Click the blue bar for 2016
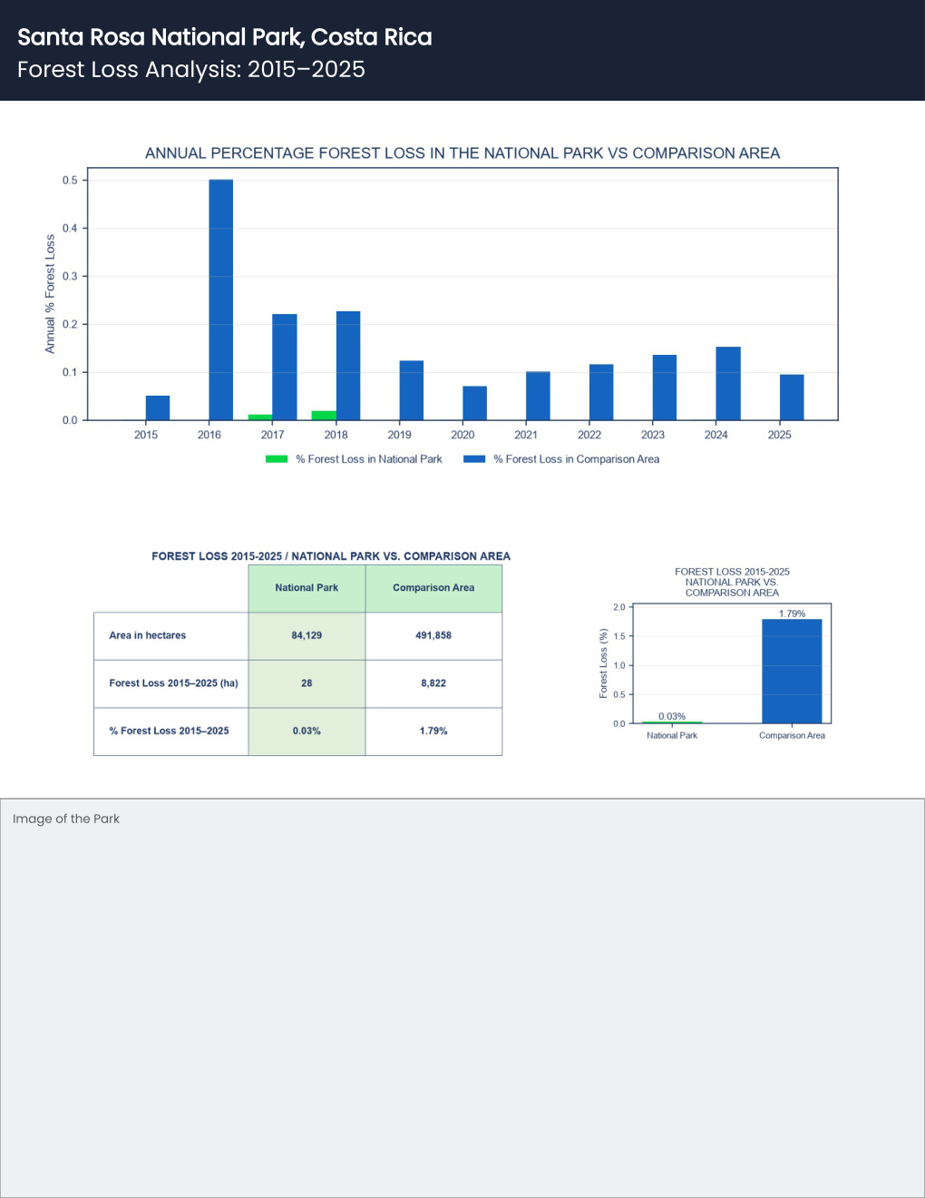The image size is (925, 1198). click(x=221, y=299)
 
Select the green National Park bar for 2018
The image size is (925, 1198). click(x=324, y=416)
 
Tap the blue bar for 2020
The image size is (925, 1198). click(x=475, y=403)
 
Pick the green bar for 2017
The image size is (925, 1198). click(x=260, y=417)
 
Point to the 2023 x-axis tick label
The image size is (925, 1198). click(x=653, y=435)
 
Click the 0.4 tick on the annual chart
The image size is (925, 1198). click(x=70, y=228)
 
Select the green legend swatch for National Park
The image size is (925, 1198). click(x=277, y=459)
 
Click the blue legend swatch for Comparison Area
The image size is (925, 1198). click(x=474, y=459)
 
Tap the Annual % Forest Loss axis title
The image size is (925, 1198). click(x=50, y=294)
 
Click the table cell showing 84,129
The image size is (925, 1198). click(x=307, y=635)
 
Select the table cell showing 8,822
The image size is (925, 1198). click(x=433, y=683)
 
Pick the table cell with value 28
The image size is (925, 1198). click(x=307, y=683)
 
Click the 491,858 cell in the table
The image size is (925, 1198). click(x=433, y=635)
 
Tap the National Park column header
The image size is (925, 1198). click(x=307, y=588)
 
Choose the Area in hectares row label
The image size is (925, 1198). click(x=148, y=635)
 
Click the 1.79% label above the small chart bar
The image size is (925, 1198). click(x=792, y=614)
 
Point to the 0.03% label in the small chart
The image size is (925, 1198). click(x=672, y=716)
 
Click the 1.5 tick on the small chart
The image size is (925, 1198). click(x=619, y=636)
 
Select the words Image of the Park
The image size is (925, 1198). click(x=66, y=819)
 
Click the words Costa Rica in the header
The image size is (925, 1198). click(x=371, y=37)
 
